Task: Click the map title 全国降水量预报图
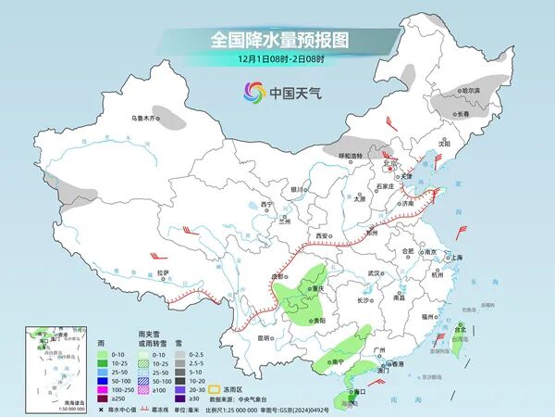click(x=277, y=41)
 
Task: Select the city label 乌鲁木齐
click(x=146, y=118)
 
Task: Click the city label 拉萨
click(x=163, y=272)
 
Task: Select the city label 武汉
click(x=374, y=273)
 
